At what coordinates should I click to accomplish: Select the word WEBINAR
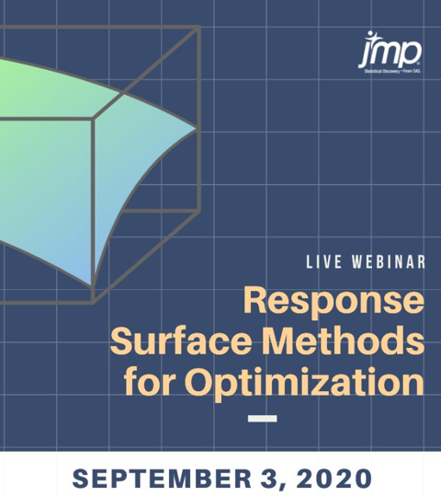click(x=390, y=262)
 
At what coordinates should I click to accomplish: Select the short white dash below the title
click(x=264, y=418)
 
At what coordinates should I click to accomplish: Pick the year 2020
click(x=333, y=478)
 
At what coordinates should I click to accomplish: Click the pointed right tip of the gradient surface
click(x=197, y=128)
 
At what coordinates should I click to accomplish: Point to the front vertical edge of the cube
click(x=93, y=212)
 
